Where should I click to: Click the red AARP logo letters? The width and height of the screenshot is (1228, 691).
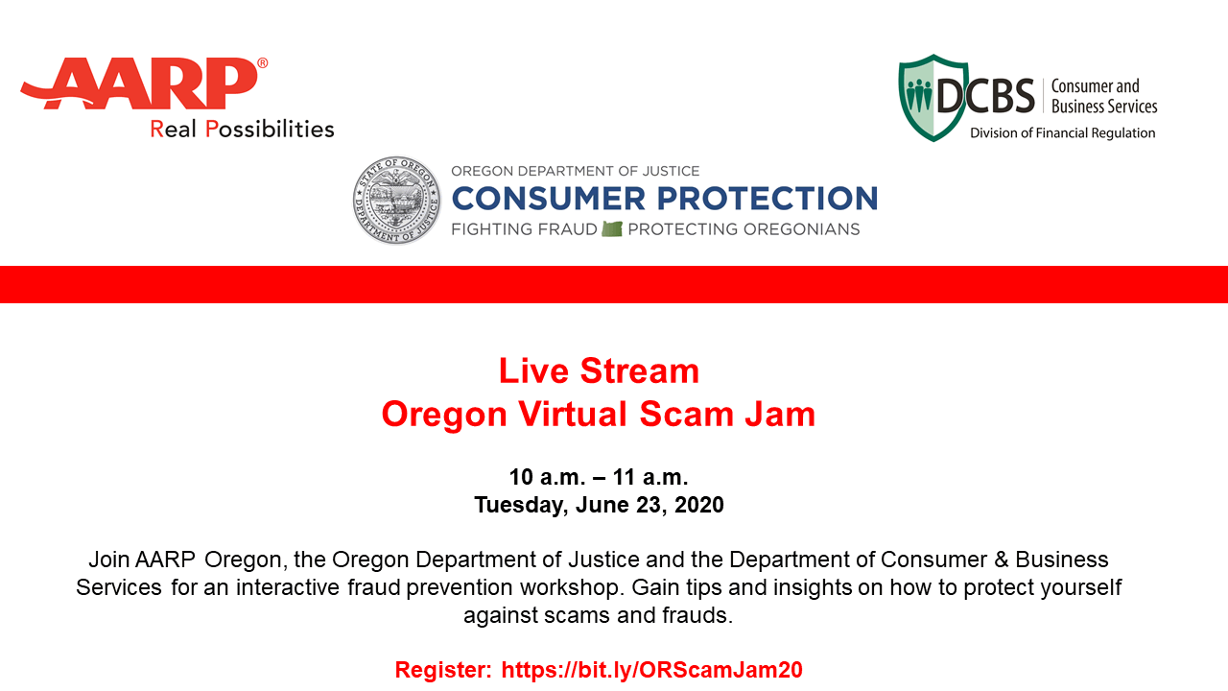click(140, 83)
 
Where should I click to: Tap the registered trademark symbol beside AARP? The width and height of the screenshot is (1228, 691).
click(263, 63)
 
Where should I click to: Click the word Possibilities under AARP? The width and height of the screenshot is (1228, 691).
click(270, 130)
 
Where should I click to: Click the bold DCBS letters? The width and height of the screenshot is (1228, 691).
click(985, 96)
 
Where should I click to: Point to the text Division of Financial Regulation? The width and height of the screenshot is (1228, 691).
click(1062, 133)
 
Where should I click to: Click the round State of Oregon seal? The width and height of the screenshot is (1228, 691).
click(396, 200)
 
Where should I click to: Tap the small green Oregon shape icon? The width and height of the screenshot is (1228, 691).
click(612, 228)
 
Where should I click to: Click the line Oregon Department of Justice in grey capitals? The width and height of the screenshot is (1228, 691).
click(575, 171)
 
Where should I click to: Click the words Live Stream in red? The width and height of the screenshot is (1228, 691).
click(599, 370)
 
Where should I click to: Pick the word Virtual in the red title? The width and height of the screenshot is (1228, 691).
click(573, 414)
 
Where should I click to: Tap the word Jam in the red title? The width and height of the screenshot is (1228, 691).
click(780, 414)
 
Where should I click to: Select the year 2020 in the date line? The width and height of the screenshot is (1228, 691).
click(699, 505)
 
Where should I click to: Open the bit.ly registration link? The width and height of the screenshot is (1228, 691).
click(651, 670)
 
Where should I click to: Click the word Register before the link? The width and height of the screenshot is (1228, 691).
click(443, 670)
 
